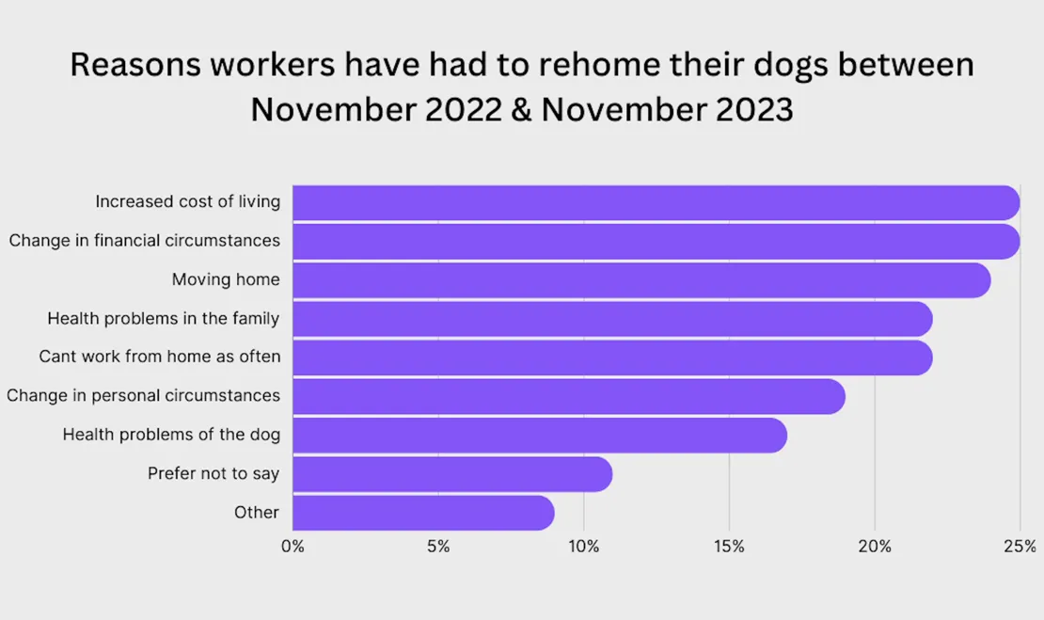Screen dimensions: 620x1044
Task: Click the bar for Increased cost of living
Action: (x=656, y=202)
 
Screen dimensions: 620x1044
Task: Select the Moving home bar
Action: (x=641, y=280)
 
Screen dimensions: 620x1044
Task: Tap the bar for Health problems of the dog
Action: (x=539, y=436)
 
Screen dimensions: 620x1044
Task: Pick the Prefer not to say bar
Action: (x=451, y=474)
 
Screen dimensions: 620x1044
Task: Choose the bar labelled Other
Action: (x=422, y=513)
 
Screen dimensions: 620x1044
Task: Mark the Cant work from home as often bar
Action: (x=611, y=358)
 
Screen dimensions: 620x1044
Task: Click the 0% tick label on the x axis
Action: (x=293, y=547)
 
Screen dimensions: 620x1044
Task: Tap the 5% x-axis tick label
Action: (x=438, y=547)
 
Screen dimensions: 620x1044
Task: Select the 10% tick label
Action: (x=584, y=547)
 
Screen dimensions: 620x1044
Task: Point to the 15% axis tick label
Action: (x=729, y=547)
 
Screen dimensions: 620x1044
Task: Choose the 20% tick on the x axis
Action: (x=875, y=547)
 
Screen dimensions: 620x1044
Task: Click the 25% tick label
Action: (x=1020, y=547)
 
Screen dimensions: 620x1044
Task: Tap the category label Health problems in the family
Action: (x=164, y=319)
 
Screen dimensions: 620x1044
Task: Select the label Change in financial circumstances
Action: (x=145, y=241)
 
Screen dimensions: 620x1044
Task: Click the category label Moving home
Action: (x=226, y=279)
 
